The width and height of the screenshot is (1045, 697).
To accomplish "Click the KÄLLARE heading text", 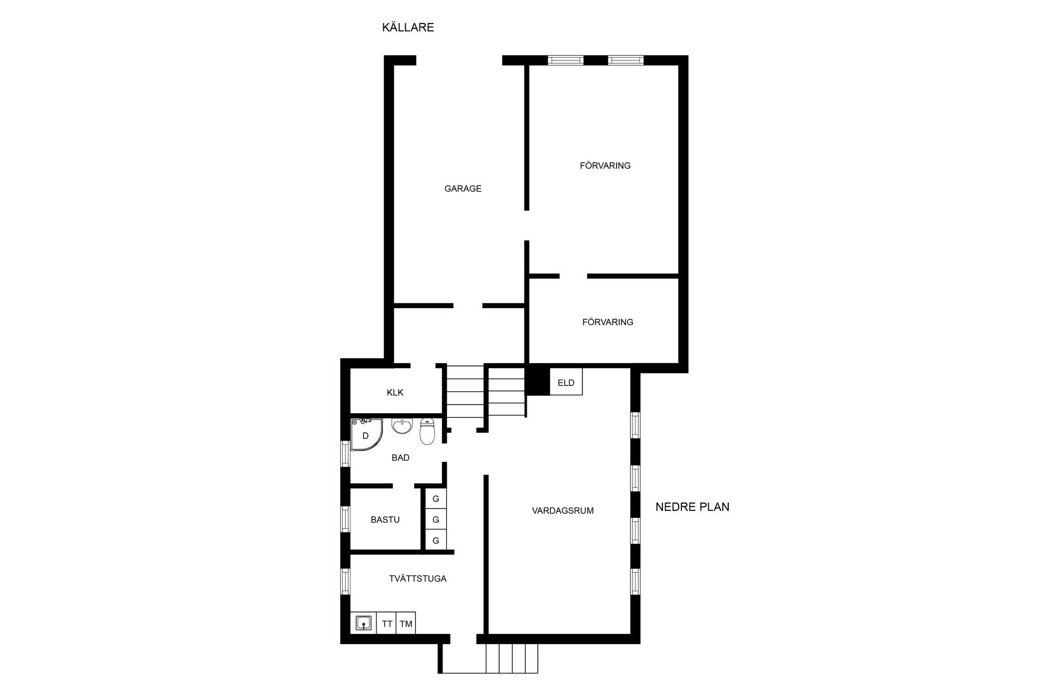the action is tap(408, 27).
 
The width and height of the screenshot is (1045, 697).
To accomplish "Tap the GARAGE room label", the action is tap(463, 188).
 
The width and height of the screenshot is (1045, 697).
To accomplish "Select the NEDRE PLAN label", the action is tap(692, 507).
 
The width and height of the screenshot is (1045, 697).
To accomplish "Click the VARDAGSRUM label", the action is tap(563, 511).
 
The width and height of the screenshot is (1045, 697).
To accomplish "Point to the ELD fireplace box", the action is tap(566, 381).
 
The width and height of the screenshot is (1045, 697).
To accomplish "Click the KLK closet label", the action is tap(395, 393).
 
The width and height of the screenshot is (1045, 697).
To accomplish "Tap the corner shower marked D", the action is tap(366, 435).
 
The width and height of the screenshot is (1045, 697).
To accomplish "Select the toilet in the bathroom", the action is tap(427, 431).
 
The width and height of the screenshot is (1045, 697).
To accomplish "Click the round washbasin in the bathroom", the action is tap(402, 426).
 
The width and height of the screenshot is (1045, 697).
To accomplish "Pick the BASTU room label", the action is tap(385, 520).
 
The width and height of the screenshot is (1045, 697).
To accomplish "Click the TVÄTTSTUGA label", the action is tap(417, 579).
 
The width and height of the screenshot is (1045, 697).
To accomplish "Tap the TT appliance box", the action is tap(387, 624).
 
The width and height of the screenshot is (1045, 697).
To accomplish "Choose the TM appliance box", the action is tap(406, 624).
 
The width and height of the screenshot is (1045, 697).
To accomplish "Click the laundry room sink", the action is tap(364, 623).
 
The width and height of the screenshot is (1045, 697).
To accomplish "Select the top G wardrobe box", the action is tap(435, 499).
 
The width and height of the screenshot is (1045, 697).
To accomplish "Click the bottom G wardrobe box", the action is tap(435, 541).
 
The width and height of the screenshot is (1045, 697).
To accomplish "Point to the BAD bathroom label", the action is tap(401, 458).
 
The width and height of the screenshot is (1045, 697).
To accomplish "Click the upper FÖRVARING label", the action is tap(605, 166).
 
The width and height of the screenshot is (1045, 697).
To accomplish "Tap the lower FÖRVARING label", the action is tap(608, 322).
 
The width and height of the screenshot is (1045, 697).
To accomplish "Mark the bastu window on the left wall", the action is tap(345, 519).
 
